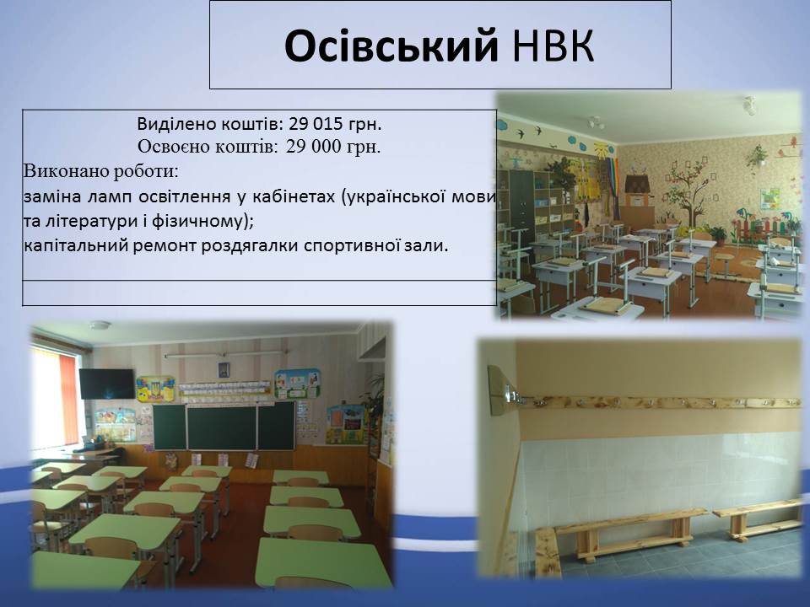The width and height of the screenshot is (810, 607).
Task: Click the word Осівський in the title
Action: tap(391, 46)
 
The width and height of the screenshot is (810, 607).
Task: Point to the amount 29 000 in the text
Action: tap(314, 147)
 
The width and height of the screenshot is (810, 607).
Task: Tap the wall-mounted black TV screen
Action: tap(107, 384)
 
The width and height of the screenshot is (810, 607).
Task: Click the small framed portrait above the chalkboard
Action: tap(224, 369)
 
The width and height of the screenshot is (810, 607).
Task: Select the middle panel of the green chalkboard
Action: tap(222, 427)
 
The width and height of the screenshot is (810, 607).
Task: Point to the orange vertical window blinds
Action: tap(68, 396)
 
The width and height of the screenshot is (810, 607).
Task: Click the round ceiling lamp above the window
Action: tap(100, 325)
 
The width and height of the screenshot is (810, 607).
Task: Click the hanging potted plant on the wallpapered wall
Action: tap(758, 155)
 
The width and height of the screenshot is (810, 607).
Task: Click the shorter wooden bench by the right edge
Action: tap(758, 518)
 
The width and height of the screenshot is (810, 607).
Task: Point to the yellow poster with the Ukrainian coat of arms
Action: tap(155, 389)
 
